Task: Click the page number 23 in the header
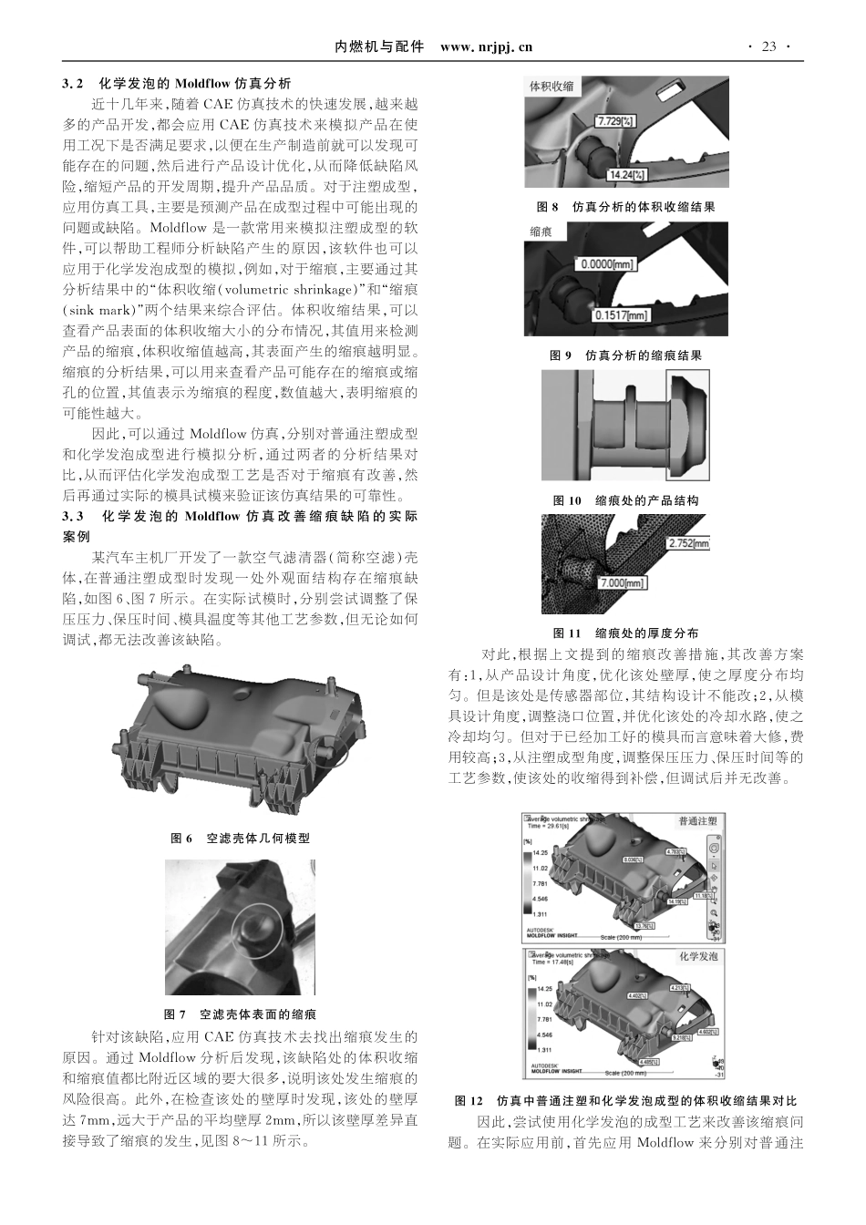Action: [768, 46]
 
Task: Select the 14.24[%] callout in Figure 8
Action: [627, 174]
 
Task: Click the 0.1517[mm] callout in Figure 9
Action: [622, 315]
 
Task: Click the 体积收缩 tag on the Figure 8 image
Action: [552, 87]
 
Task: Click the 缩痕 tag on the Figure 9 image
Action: [541, 232]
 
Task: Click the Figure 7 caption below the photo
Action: [240, 1014]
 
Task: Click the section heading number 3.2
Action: [73, 83]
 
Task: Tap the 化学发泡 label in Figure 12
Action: [698, 956]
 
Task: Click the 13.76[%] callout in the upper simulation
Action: [644, 926]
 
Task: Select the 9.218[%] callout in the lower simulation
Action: [681, 1037]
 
